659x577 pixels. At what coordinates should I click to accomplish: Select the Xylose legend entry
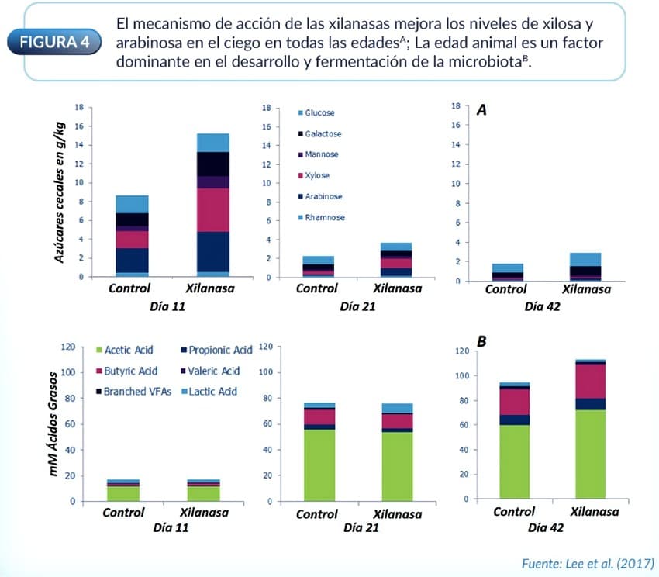(x=319, y=175)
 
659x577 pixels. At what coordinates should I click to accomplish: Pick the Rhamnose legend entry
(x=321, y=217)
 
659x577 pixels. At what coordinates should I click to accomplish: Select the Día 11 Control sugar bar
(x=133, y=236)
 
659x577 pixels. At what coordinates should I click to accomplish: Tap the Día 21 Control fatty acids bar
(x=319, y=452)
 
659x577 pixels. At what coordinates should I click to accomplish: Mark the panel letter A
(x=481, y=110)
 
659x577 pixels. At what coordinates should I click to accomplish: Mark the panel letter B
(x=481, y=341)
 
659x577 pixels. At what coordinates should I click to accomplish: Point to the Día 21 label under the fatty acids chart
(x=358, y=528)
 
